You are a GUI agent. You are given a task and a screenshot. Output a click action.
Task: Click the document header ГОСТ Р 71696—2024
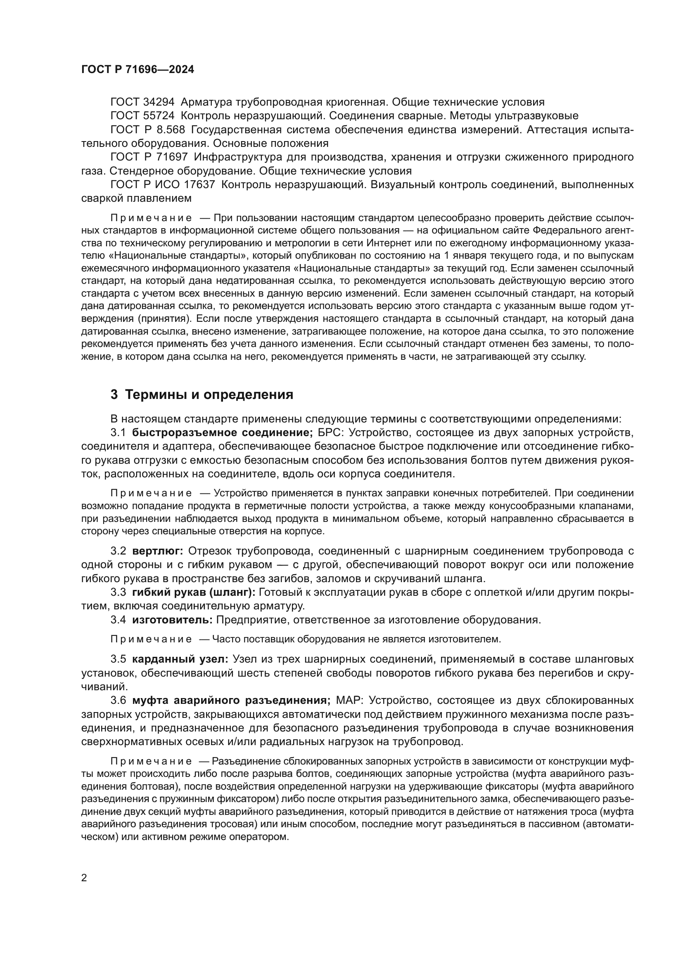pyautogui.click(x=138, y=70)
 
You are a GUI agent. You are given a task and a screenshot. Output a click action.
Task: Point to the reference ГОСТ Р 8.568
pyautogui.click(x=147, y=130)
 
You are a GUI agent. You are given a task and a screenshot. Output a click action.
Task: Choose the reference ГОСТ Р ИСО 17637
pyautogui.click(x=163, y=185)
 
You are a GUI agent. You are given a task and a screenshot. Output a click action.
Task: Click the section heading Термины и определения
pyautogui.click(x=209, y=395)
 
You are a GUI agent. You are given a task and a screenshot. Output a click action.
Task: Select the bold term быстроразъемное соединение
pyautogui.click(x=223, y=432)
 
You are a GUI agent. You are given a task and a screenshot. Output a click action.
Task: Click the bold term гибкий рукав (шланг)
pyautogui.click(x=193, y=592)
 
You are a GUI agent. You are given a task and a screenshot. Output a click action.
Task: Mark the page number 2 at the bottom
pyautogui.click(x=84, y=878)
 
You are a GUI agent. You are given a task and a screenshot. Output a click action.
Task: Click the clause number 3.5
pyautogui.click(x=118, y=659)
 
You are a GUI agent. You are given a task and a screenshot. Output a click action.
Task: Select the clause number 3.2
pyautogui.click(x=118, y=551)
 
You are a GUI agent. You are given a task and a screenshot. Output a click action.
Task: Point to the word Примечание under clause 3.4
pyautogui.click(x=151, y=639)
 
